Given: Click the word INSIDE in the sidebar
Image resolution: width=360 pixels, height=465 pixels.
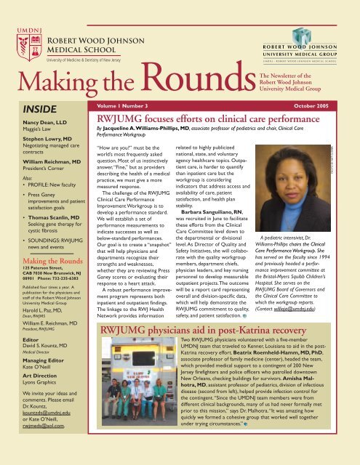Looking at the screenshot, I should coord(26,113).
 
